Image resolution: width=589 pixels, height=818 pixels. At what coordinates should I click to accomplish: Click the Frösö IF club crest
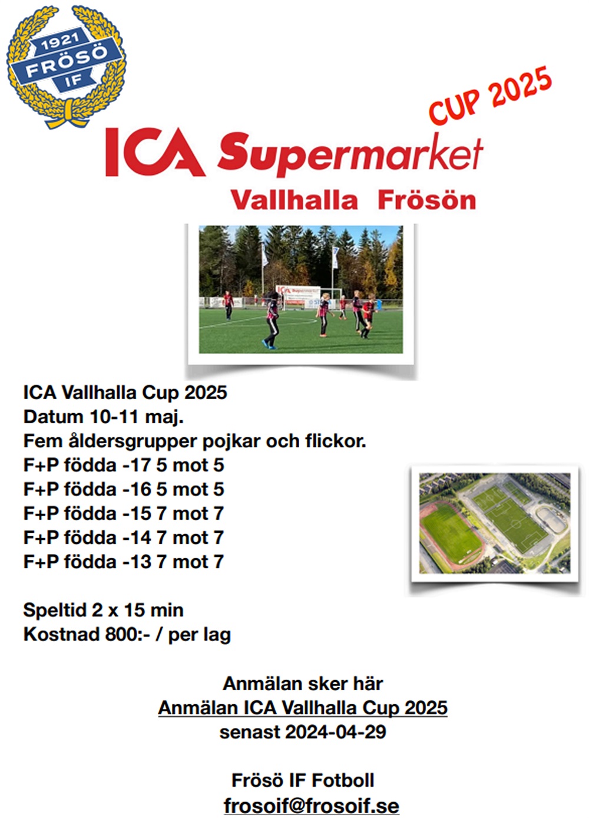tap(66, 67)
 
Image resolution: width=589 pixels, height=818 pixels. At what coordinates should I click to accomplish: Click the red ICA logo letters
tap(155, 151)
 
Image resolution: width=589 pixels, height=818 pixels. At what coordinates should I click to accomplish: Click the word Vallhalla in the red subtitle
tap(294, 200)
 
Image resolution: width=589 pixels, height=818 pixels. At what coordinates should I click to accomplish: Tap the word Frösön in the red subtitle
tap(427, 200)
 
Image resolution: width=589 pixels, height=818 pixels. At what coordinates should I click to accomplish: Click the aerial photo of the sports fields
tap(495, 523)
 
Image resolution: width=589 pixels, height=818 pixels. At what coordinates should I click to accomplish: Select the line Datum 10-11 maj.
tap(103, 417)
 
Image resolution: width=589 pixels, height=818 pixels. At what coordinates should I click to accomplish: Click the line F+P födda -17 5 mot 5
tap(124, 465)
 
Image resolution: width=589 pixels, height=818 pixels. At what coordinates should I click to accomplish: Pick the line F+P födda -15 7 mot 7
tap(124, 513)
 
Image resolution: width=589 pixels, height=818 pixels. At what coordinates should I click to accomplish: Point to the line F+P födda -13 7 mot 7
tap(124, 561)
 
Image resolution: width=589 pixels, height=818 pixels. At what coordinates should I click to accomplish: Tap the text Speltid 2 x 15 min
tap(103, 610)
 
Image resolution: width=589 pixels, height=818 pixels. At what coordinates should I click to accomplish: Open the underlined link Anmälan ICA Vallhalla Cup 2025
tap(303, 708)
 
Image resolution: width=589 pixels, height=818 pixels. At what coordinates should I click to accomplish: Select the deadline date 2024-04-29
tap(335, 732)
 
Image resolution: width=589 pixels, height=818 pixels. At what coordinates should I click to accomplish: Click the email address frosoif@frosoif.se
tap(312, 806)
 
